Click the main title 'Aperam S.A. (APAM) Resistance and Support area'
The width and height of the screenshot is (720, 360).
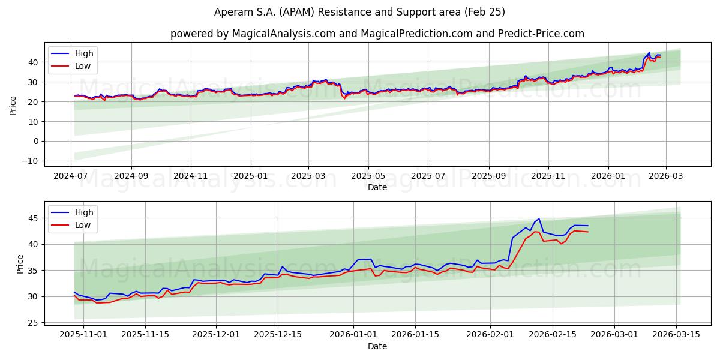tap(359, 12)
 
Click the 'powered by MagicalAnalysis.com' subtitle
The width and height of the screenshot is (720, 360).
tap(377, 34)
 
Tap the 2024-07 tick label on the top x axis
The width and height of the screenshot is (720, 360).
tap(71, 176)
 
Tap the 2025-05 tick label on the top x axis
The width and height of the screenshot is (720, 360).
tap(368, 176)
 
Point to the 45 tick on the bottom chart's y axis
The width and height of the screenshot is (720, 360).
tap(34, 218)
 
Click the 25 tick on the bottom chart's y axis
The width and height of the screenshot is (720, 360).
tap(34, 323)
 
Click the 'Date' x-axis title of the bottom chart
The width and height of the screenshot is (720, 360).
tap(377, 346)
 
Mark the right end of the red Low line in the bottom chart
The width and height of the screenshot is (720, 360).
tap(588, 232)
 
